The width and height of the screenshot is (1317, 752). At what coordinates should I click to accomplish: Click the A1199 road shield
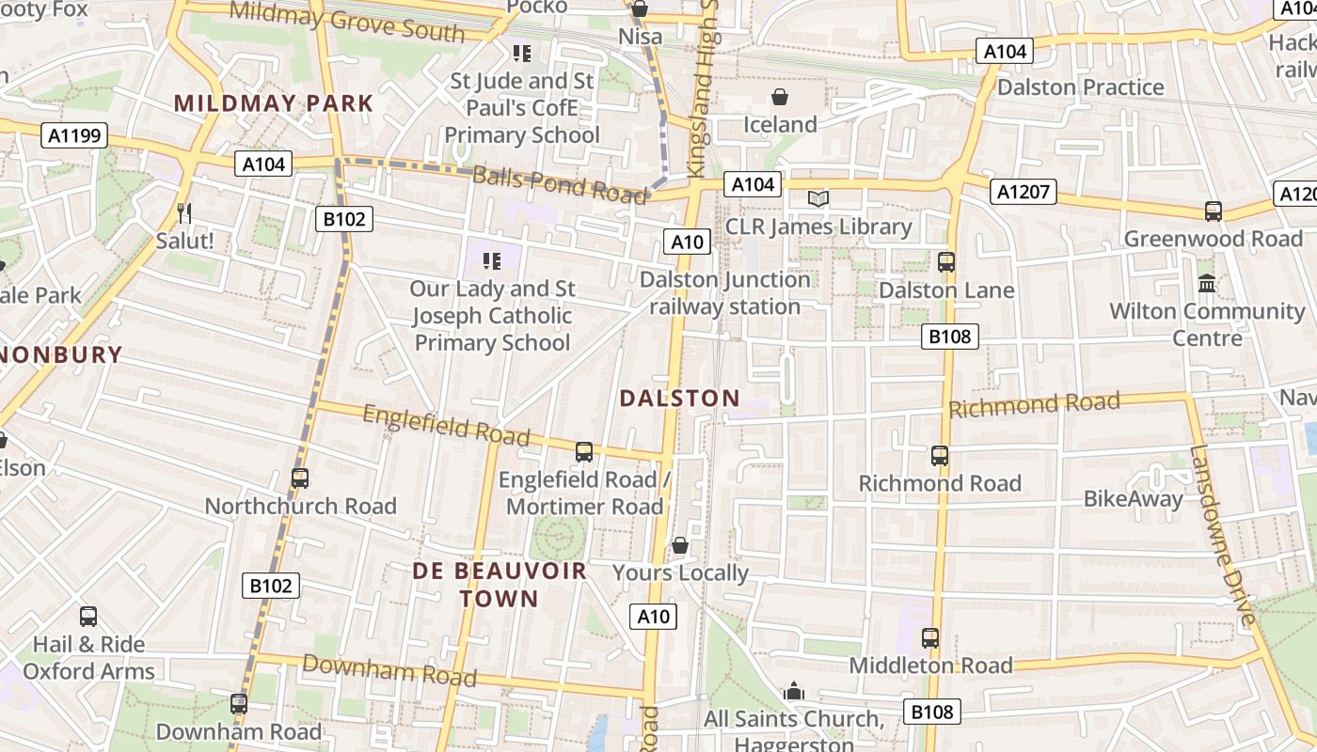[x=74, y=136]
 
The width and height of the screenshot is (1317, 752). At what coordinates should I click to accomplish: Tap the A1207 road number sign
[x=1023, y=193]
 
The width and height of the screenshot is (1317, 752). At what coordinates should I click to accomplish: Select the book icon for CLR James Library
[x=818, y=198]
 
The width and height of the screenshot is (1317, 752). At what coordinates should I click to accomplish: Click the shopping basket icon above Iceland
[x=780, y=97]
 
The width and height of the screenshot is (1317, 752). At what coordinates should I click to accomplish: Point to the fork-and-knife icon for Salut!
[x=183, y=213]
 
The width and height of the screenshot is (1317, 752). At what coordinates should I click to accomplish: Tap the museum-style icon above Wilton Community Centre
[x=1206, y=283]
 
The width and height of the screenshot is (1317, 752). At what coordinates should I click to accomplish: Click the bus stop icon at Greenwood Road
[x=1214, y=211]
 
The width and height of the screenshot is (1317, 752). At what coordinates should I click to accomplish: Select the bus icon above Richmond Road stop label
[x=939, y=456]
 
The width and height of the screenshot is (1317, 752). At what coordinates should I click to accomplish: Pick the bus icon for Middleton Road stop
[x=930, y=638]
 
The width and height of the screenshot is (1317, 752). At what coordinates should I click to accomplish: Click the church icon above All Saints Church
[x=794, y=692]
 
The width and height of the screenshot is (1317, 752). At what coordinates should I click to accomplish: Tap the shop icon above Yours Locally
[x=680, y=545]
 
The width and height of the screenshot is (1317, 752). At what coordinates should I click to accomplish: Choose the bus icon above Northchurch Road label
[x=300, y=478]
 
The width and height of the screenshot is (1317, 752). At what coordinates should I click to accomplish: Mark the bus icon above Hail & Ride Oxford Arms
[x=88, y=617]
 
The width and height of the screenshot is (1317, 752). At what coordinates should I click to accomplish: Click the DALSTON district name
[x=679, y=399]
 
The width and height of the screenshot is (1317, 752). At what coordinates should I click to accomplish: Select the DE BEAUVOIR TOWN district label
[x=500, y=585]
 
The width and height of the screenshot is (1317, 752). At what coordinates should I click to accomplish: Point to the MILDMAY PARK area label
[x=274, y=103]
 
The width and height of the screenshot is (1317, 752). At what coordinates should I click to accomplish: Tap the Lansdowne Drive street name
[x=1222, y=535]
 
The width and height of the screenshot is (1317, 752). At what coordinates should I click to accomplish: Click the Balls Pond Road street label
[x=560, y=183]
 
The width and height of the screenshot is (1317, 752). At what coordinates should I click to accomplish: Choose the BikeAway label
[x=1133, y=499]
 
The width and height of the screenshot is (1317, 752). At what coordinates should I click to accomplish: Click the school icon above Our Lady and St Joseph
[x=491, y=260]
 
